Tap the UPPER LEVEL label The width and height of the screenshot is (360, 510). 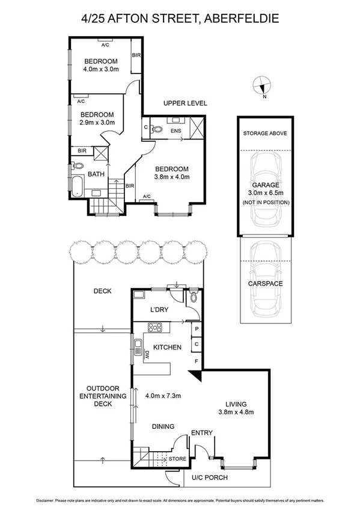[185, 103]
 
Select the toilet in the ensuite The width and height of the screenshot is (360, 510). [157, 128]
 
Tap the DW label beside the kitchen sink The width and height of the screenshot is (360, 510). [145, 356]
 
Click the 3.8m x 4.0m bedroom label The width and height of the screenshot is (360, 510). [172, 173]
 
